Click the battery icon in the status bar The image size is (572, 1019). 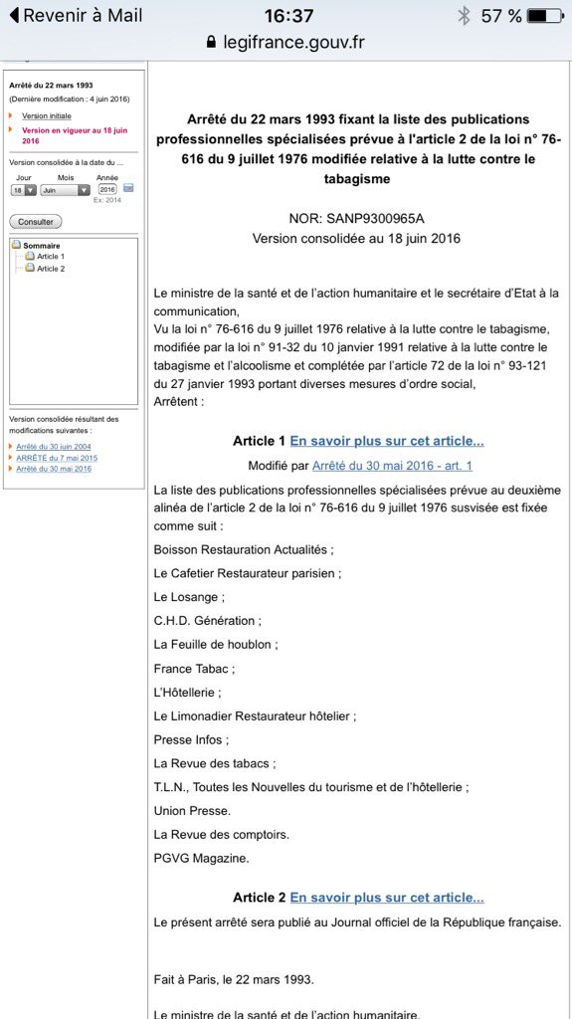pyautogui.click(x=548, y=16)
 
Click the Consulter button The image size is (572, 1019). pyautogui.click(x=35, y=221)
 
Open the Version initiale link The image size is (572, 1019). pyautogui.click(x=47, y=115)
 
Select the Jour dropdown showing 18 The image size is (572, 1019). pyautogui.click(x=24, y=189)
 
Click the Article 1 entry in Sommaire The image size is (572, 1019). pyautogui.click(x=51, y=257)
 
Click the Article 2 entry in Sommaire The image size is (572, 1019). pyautogui.click(x=51, y=269)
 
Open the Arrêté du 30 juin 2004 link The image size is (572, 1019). pyautogui.click(x=54, y=447)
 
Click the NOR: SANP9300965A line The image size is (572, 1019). pyautogui.click(x=355, y=218)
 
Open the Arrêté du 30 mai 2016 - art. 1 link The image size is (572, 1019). pyautogui.click(x=392, y=465)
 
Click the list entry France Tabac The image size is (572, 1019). pyautogui.click(x=194, y=669)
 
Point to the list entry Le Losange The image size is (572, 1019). pyautogui.click(x=189, y=597)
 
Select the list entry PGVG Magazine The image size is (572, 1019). pyautogui.click(x=201, y=858)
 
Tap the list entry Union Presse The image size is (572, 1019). pyautogui.click(x=192, y=810)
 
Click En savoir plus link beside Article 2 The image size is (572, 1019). pyautogui.click(x=387, y=898)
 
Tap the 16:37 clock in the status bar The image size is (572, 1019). pyautogui.click(x=288, y=16)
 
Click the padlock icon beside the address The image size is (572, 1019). pyautogui.click(x=211, y=42)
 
